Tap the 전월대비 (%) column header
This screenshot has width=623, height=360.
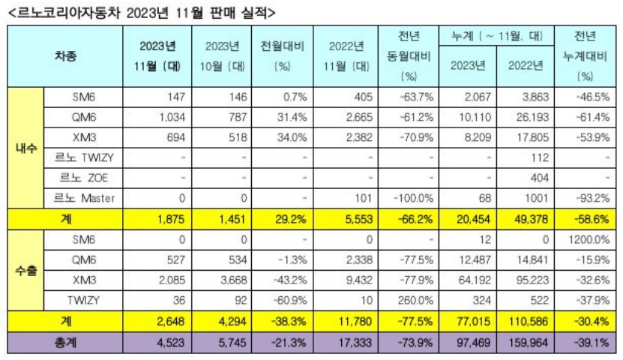click(282, 56)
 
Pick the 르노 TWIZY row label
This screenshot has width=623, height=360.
click(83, 157)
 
